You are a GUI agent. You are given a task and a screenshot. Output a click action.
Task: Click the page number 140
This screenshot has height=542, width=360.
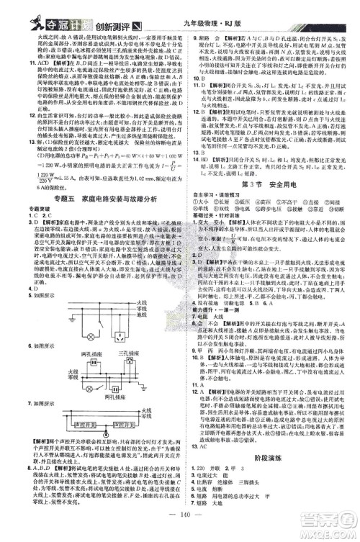tap(179, 528)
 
